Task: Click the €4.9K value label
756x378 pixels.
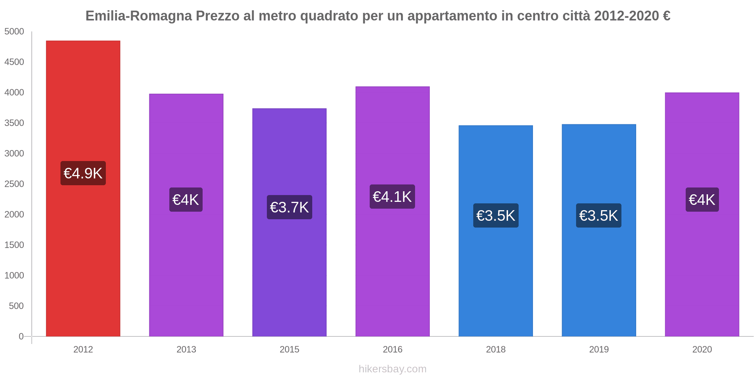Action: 83,173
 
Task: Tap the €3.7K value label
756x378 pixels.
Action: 289,207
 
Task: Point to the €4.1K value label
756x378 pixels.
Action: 392,197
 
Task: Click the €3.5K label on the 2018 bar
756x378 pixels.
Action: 496,215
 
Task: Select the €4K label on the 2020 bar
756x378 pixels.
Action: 702,200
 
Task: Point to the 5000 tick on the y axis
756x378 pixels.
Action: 14,32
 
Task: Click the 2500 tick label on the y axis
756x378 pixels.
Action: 14,184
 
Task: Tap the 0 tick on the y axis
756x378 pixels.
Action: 21,336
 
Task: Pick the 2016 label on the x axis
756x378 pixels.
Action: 392,349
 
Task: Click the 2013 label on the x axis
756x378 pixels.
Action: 186,349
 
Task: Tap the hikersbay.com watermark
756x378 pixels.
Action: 392,369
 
